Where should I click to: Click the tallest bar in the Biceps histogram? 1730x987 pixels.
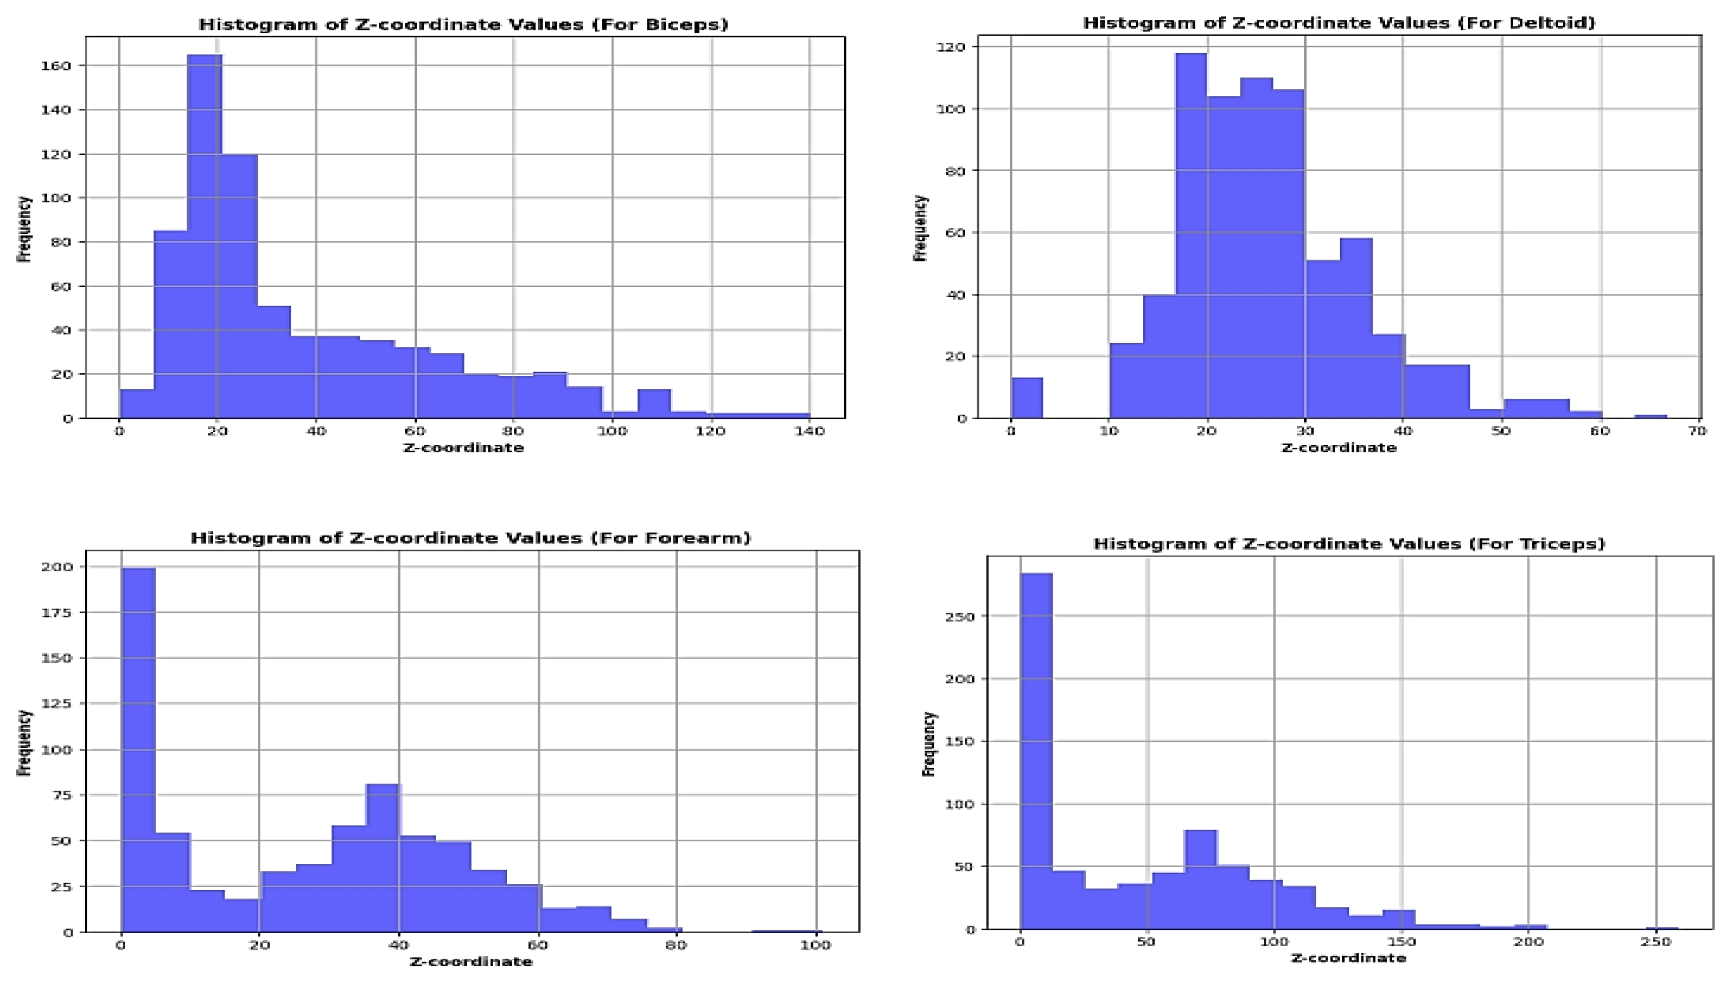tap(204, 237)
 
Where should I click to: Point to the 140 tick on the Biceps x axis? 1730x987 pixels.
tap(809, 431)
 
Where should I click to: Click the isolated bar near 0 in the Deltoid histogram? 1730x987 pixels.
tap(1027, 399)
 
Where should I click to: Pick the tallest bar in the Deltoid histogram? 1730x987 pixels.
tap(1191, 237)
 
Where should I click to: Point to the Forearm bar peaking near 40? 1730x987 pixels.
tap(383, 858)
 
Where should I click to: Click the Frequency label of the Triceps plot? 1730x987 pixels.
tap(929, 744)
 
